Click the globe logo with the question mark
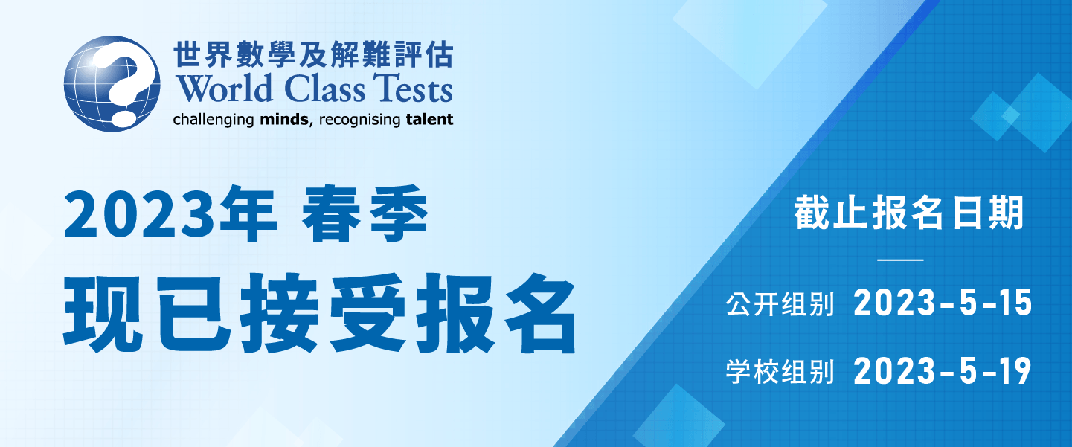pyautogui.click(x=112, y=84)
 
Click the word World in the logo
pyautogui.click(x=224, y=89)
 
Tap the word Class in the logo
pyautogui.click(x=324, y=89)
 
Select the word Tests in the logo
pyautogui.click(x=413, y=89)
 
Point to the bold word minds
pyautogui.click(x=284, y=119)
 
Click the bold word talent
pyautogui.click(x=429, y=119)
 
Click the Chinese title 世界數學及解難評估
pyautogui.click(x=313, y=54)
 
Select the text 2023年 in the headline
pyautogui.click(x=170, y=214)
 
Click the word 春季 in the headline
pyautogui.click(x=365, y=214)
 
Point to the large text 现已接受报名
pyautogui.click(x=320, y=313)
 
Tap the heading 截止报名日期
pyautogui.click(x=909, y=213)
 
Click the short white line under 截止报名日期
pyautogui.click(x=900, y=260)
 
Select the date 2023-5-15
pyautogui.click(x=943, y=303)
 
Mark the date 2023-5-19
pyautogui.click(x=943, y=371)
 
